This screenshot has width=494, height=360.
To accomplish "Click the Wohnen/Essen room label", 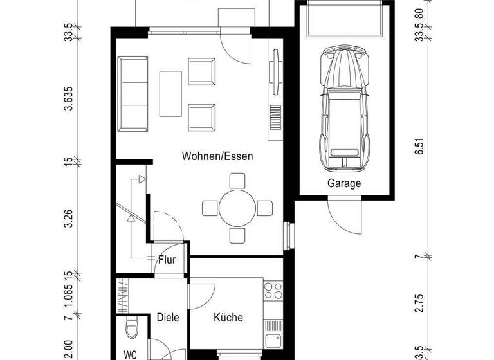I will [x=217, y=156].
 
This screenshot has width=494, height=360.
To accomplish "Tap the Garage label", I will [x=344, y=183].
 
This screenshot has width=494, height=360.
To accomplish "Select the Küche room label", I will [x=228, y=317].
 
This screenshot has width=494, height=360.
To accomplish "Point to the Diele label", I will [x=167, y=317].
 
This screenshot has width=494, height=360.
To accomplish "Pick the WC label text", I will [x=131, y=354].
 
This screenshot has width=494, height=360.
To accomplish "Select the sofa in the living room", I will [x=133, y=93].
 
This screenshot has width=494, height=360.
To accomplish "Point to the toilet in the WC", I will [x=132, y=328].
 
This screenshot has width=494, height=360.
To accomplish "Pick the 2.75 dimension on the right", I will [x=419, y=301].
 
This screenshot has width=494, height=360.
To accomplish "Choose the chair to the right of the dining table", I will [x=265, y=208].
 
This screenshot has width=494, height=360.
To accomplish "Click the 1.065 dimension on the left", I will [x=68, y=294].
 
